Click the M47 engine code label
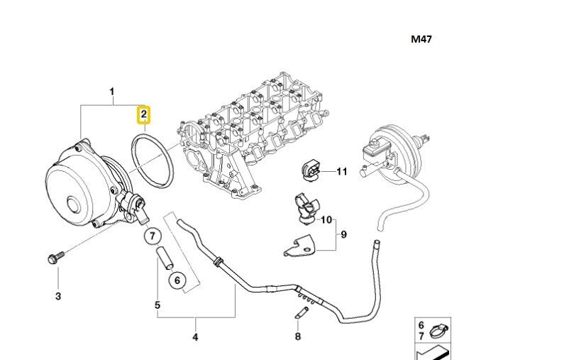click(421, 40)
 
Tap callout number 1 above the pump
click(111, 92)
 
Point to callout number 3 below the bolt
click(58, 295)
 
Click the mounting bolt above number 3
click(55, 256)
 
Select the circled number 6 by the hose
click(177, 281)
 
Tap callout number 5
click(157, 305)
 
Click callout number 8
click(298, 336)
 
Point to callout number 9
click(343, 234)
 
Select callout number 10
click(326, 219)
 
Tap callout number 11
click(342, 171)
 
